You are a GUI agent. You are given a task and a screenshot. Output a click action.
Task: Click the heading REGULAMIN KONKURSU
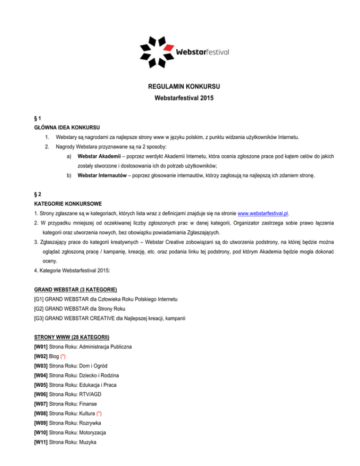180,87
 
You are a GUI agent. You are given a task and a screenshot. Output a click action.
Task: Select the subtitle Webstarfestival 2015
180,99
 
